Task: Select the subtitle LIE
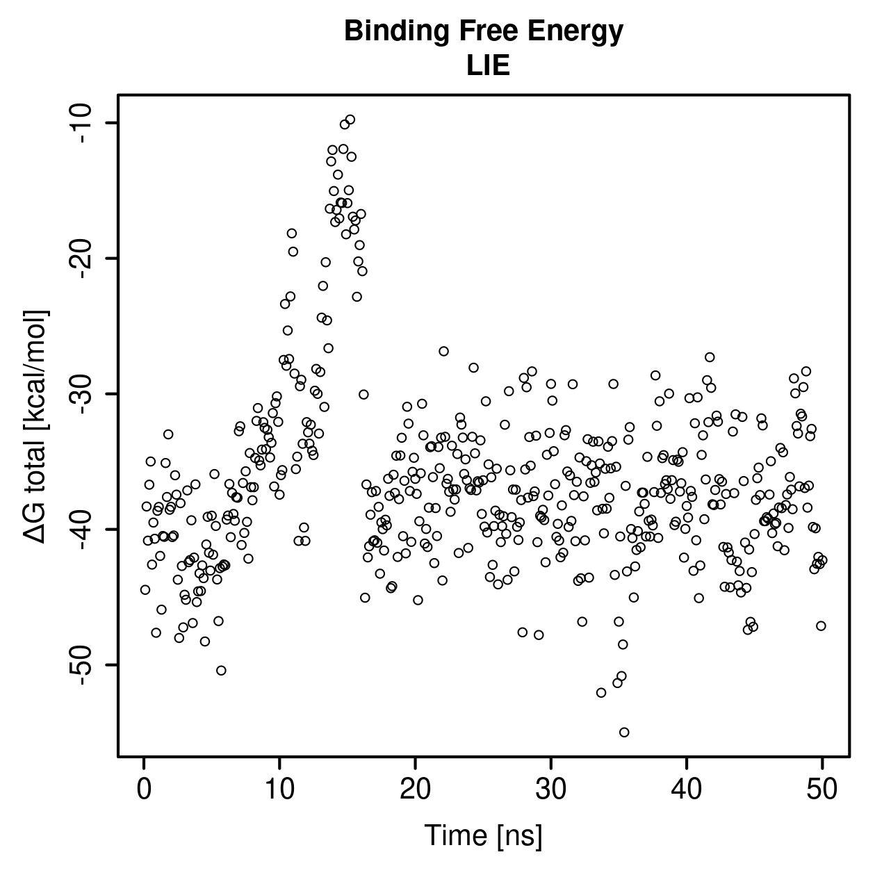488,65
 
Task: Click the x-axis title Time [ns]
483,835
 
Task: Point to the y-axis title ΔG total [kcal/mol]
35,427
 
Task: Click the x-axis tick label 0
144,790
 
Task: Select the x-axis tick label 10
279,790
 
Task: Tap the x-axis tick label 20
415,790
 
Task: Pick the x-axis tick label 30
551,790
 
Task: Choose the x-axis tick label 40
686,790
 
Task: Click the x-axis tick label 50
822,790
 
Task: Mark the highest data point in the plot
350,120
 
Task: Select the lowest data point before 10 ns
221,671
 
